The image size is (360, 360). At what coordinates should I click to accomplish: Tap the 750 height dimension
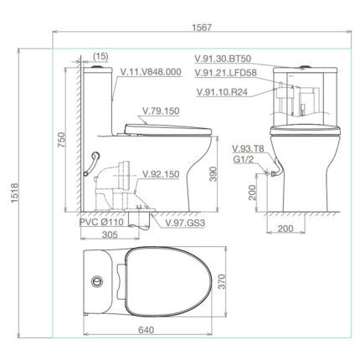pos(60,138)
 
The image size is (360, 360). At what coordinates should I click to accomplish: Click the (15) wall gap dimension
pos(101,57)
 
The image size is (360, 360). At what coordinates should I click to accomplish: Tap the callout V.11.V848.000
pos(151,72)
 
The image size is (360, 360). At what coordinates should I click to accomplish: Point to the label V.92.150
pos(160,175)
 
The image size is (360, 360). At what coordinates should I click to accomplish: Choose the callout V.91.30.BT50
pos(229,58)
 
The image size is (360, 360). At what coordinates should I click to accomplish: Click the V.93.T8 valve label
pos(249,147)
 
